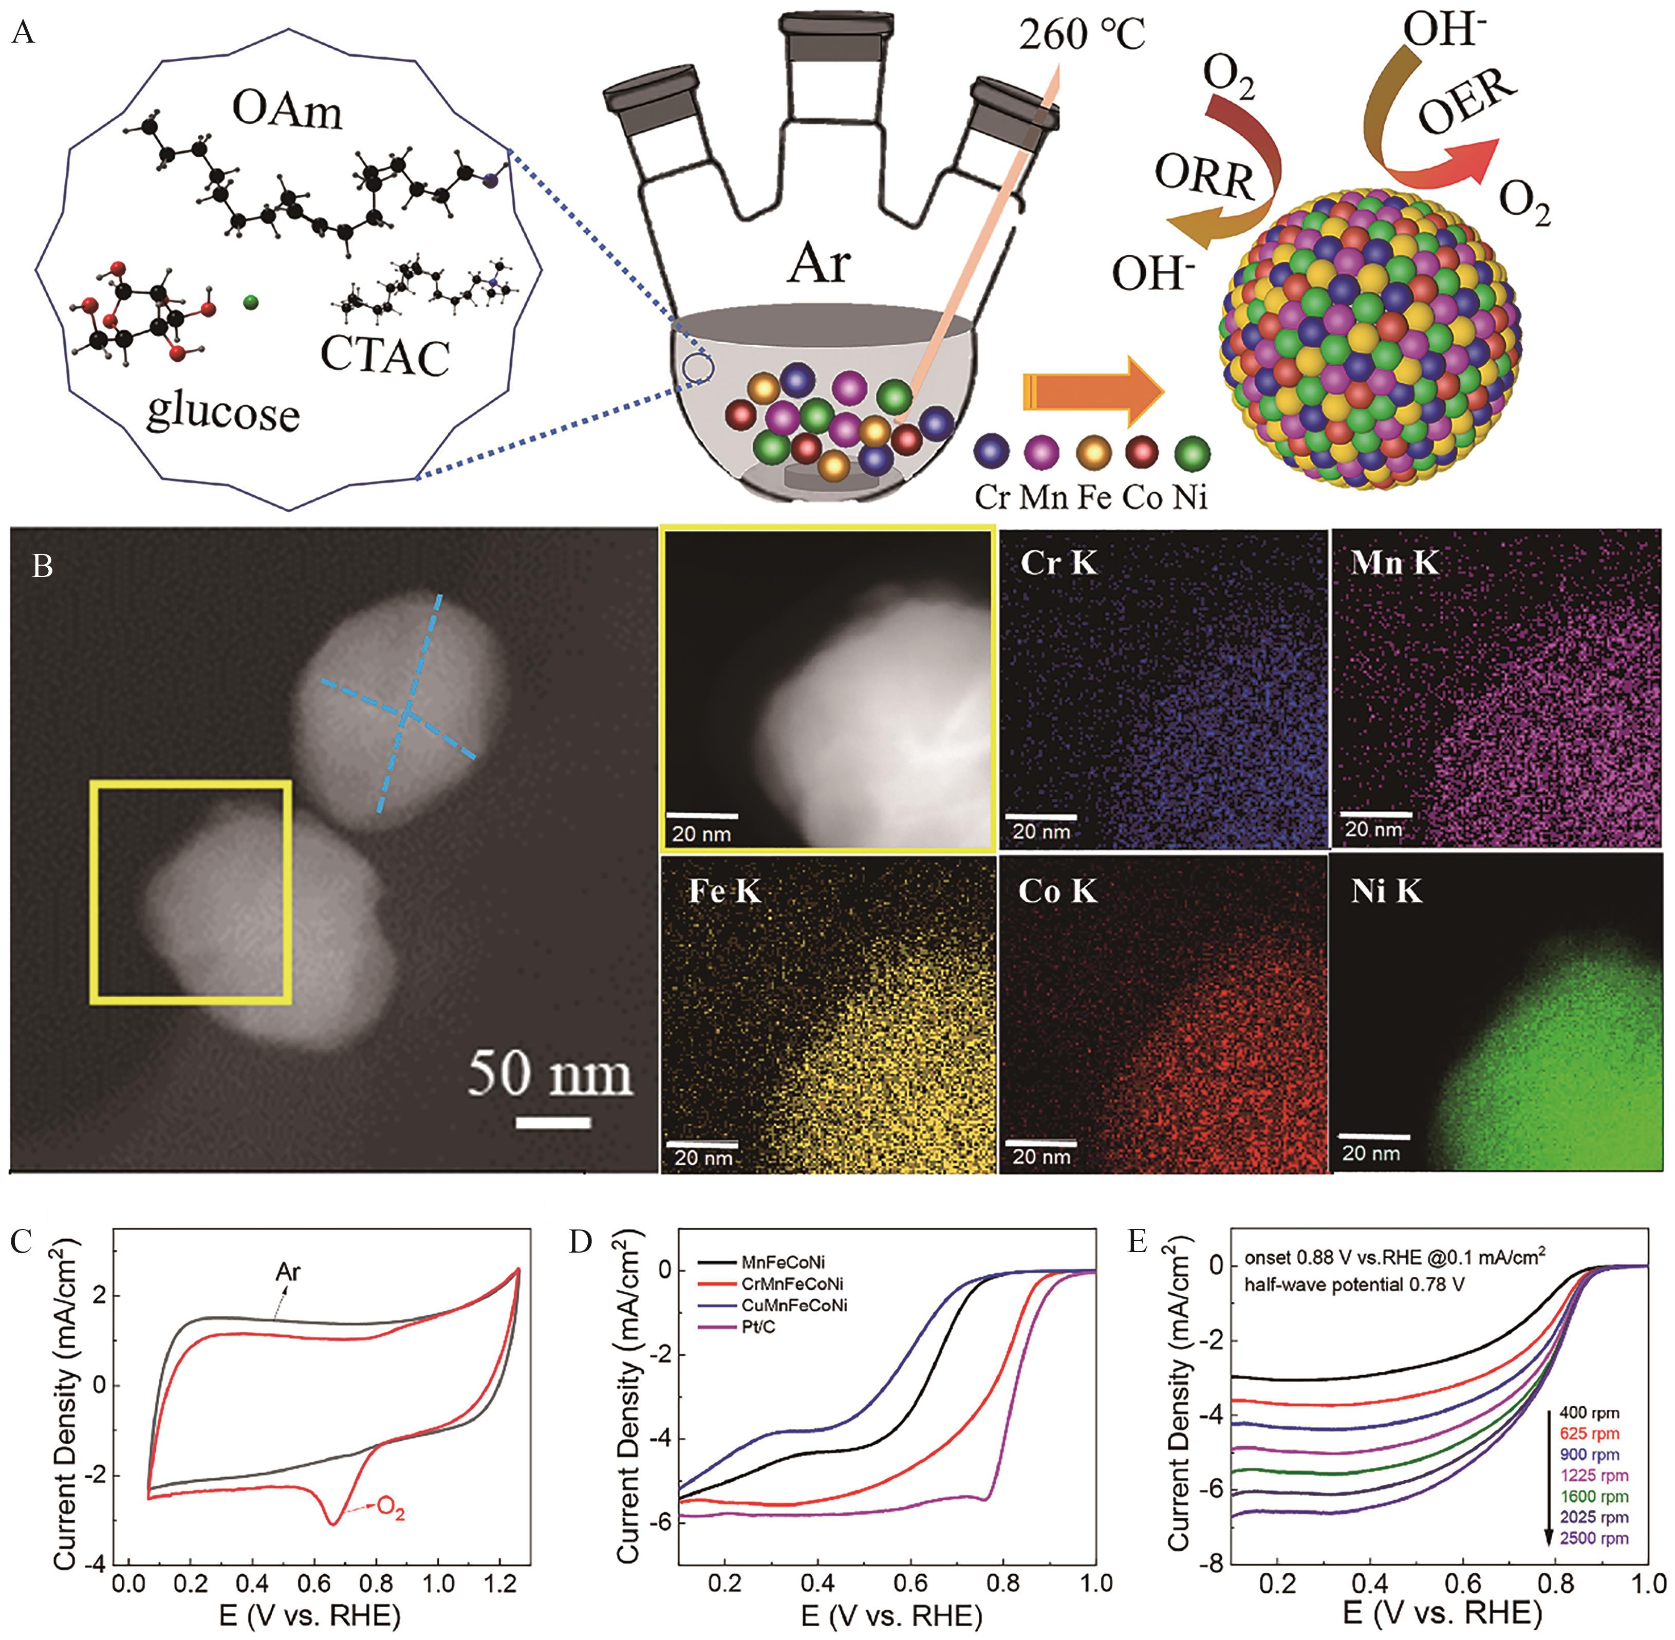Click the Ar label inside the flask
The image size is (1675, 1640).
coord(817,264)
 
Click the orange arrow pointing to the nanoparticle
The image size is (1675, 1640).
coord(1092,392)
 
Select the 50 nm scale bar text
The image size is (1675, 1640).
coord(549,1077)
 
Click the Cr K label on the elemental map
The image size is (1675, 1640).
coord(1058,563)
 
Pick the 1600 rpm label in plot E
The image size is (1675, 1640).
coord(1593,1496)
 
